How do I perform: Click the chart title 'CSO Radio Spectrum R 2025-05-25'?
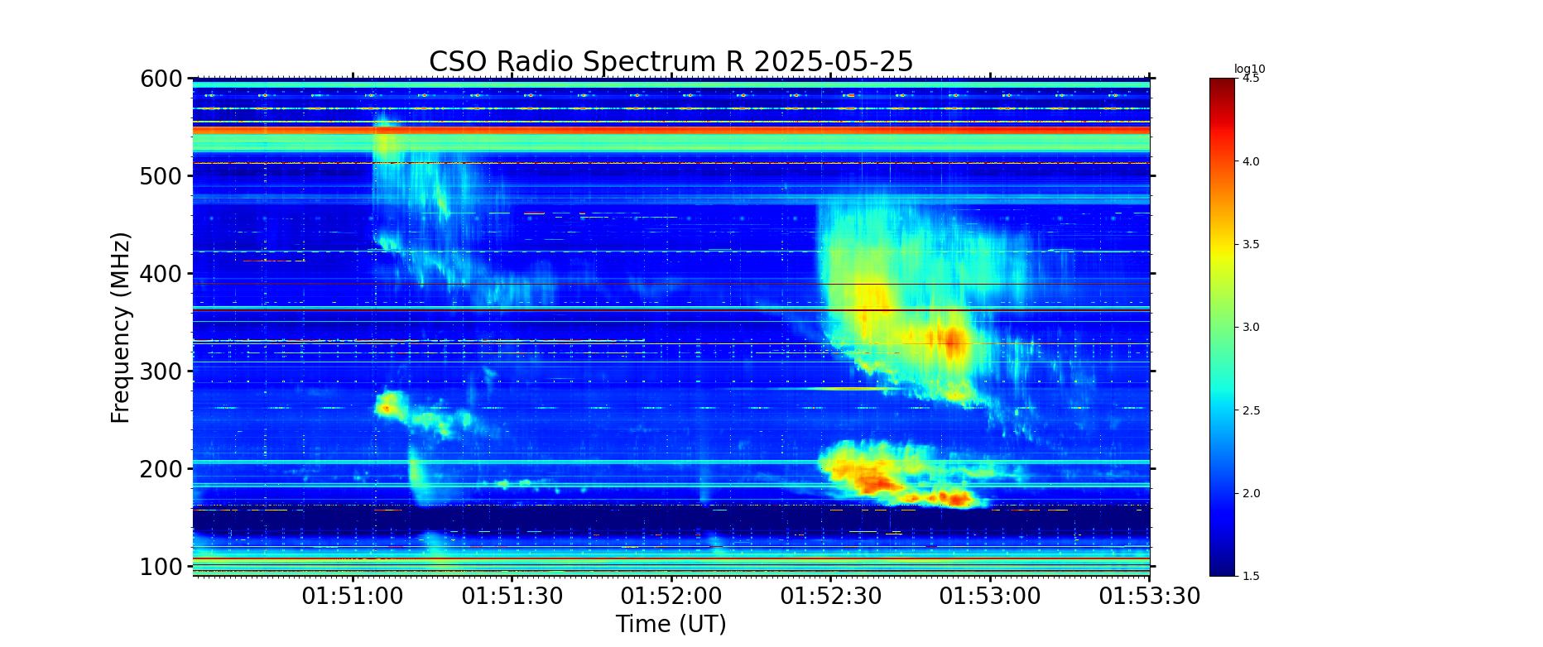click(x=671, y=62)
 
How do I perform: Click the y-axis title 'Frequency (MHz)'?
click(x=121, y=328)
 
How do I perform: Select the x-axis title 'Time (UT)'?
click(x=671, y=624)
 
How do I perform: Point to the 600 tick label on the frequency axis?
click(x=161, y=79)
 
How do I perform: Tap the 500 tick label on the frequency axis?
click(x=161, y=177)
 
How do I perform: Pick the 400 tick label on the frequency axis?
click(x=161, y=275)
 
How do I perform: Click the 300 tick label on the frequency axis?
click(x=161, y=372)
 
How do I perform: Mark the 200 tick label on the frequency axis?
click(x=161, y=470)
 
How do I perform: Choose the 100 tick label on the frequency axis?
click(x=161, y=568)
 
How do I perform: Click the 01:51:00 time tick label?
click(x=353, y=597)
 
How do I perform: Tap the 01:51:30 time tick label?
click(x=512, y=597)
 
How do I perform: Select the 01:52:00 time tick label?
click(x=671, y=597)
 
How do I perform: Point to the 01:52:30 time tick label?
click(x=831, y=597)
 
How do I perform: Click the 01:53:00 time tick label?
click(x=990, y=597)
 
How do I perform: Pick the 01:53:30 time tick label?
click(x=1150, y=597)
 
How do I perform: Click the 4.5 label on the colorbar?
click(x=1251, y=79)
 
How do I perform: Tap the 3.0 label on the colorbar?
click(x=1251, y=328)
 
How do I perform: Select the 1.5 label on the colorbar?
click(x=1251, y=576)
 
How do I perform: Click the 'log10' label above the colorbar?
click(x=1250, y=69)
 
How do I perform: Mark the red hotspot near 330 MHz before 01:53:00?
click(x=952, y=340)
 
